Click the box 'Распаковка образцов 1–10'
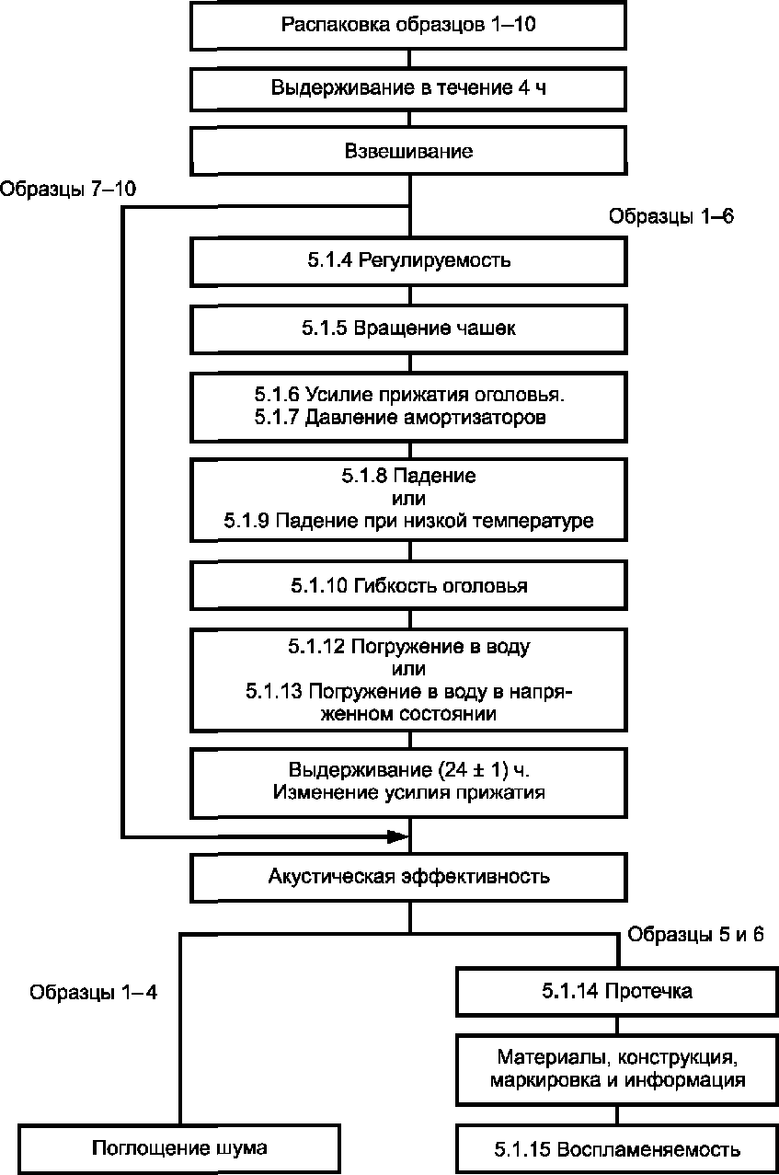tap(409, 25)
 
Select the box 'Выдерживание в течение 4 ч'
tap(409, 88)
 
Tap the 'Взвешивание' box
tap(409, 151)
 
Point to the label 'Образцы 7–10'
tap(68, 190)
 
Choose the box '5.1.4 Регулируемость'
tap(409, 260)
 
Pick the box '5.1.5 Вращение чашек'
tap(409, 329)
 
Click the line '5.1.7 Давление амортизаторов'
tap(400, 419)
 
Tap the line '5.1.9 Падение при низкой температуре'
tap(409, 521)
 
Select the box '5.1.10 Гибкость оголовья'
tap(409, 585)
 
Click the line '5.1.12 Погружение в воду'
tap(409, 646)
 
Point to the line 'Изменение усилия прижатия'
tap(409, 792)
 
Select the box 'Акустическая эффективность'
tap(409, 876)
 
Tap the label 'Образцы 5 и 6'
tap(696, 934)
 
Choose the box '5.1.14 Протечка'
tap(617, 992)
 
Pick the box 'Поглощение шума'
tap(179, 1148)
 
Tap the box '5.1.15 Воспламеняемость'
tap(617, 1149)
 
